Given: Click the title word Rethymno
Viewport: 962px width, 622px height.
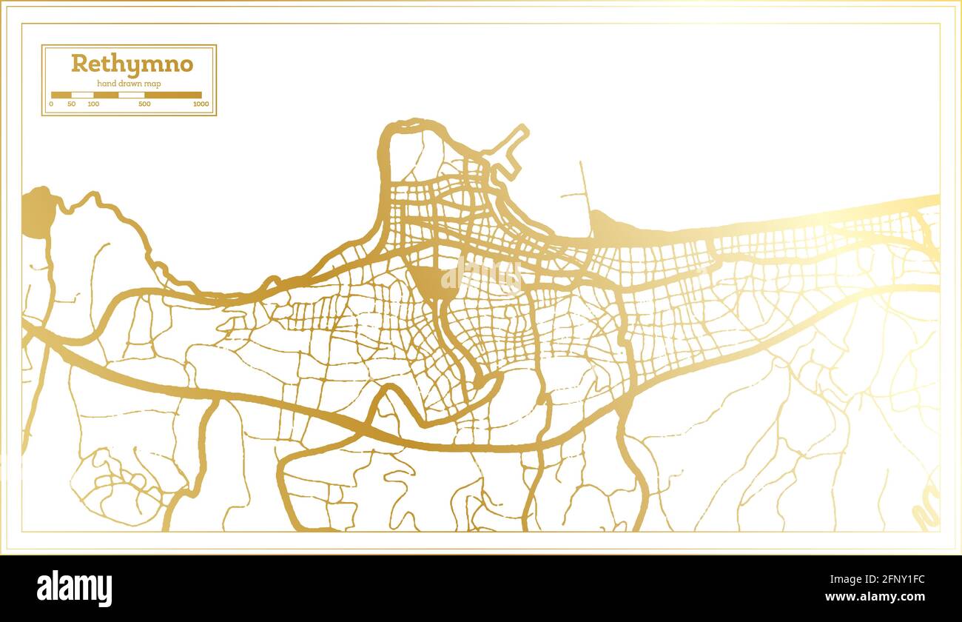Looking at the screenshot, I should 132,64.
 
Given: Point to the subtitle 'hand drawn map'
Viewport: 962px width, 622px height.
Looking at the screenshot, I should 129,84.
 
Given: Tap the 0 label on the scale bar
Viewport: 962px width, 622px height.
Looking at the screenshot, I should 51,104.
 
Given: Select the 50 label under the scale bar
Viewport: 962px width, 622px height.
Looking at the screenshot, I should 71,104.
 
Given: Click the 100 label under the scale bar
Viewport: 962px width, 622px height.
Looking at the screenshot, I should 93,104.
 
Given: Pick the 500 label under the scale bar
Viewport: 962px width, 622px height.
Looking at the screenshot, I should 144,104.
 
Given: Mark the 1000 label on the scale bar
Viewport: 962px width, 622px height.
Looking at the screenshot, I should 200,104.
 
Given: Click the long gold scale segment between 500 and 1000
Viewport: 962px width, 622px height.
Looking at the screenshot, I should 172,95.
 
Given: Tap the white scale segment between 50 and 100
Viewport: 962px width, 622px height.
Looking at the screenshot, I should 83,95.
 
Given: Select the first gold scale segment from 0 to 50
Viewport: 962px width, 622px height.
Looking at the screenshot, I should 61,95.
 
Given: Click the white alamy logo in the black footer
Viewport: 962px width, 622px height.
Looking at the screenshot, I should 75,589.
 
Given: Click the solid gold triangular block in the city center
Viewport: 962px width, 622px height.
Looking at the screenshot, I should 429,280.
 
